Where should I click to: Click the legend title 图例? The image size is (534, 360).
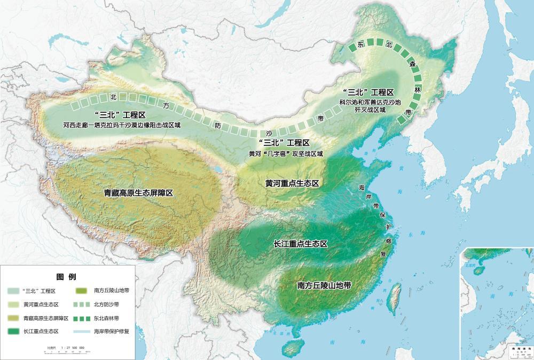[66, 277]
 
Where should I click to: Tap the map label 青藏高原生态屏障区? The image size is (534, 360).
[138, 193]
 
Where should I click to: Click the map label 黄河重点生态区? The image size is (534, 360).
[292, 183]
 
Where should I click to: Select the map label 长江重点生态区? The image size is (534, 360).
[300, 244]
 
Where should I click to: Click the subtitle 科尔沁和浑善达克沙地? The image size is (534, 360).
[369, 101]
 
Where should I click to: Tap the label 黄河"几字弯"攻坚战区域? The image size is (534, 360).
[286, 153]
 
